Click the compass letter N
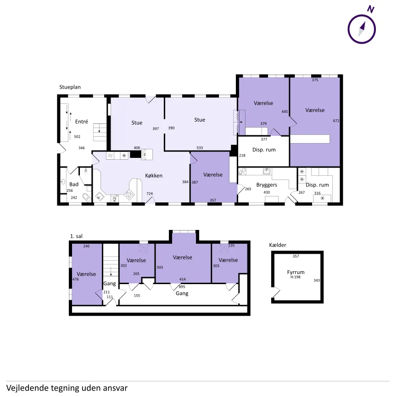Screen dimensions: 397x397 tap(371, 9)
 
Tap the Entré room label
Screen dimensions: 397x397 tap(82, 122)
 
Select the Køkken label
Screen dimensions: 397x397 tap(154, 175)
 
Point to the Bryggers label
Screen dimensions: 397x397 tap(267, 185)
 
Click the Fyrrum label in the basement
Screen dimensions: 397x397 tap(296, 273)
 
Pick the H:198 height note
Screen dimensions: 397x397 tap(296, 277)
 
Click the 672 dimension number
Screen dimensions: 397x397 tap(336, 121)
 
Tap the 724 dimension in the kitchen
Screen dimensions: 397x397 tap(150, 194)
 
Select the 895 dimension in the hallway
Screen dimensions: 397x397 tap(182, 287)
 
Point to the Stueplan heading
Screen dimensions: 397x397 tap(70, 87)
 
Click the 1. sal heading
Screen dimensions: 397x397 tap(76, 236)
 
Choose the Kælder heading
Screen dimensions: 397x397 tap(278, 245)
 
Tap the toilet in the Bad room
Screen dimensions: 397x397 tap(87, 197)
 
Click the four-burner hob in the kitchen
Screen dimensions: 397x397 tap(129, 195)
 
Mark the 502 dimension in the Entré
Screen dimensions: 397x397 tap(77, 137)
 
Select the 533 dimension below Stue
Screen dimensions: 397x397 tap(200, 148)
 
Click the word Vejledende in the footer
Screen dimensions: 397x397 tap(27, 388)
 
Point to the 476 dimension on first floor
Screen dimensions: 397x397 tap(75, 279)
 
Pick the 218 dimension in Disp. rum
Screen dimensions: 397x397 tap(242, 156)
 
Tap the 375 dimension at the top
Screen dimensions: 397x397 tap(315, 80)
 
